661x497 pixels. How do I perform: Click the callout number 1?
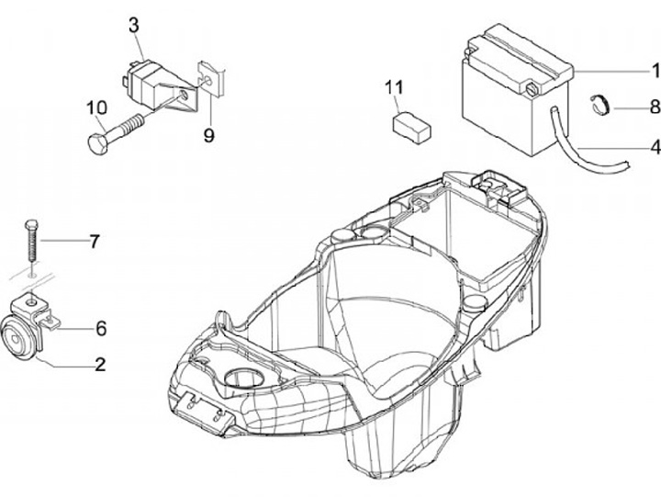[655, 70]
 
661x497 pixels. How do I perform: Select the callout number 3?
[134, 24]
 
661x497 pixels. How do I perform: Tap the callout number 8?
[655, 107]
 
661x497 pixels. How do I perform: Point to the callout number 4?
[655, 146]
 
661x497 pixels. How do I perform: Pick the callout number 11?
[394, 87]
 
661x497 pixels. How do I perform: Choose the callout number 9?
[208, 136]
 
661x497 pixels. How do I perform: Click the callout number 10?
[97, 107]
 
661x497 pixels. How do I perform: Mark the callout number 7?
[93, 242]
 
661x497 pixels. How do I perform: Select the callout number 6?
[101, 327]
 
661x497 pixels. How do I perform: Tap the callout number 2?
[101, 365]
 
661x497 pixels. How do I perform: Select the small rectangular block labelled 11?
[411, 125]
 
